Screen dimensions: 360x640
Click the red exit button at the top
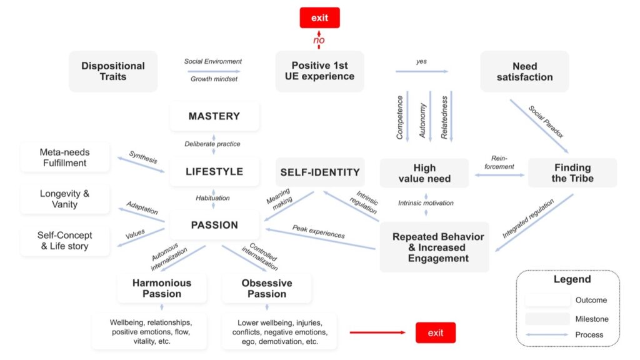click(319, 17)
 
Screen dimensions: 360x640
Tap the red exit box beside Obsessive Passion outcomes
click(436, 332)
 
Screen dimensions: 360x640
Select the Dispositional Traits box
click(113, 71)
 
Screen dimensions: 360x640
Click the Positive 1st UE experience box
click(319, 71)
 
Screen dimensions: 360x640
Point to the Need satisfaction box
click(524, 71)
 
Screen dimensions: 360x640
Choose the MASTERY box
click(214, 116)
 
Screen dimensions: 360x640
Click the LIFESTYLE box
click(214, 171)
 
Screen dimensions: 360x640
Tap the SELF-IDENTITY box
click(320, 172)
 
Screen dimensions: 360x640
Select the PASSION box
click(214, 225)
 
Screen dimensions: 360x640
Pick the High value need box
click(424, 173)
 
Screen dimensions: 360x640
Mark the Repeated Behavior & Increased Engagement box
click(437, 247)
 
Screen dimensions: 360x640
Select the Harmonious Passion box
click(162, 288)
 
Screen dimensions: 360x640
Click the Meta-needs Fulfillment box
click(65, 157)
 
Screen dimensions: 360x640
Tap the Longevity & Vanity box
click(65, 199)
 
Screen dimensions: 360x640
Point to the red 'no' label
click(319, 41)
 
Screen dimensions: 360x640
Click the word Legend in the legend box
click(572, 279)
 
